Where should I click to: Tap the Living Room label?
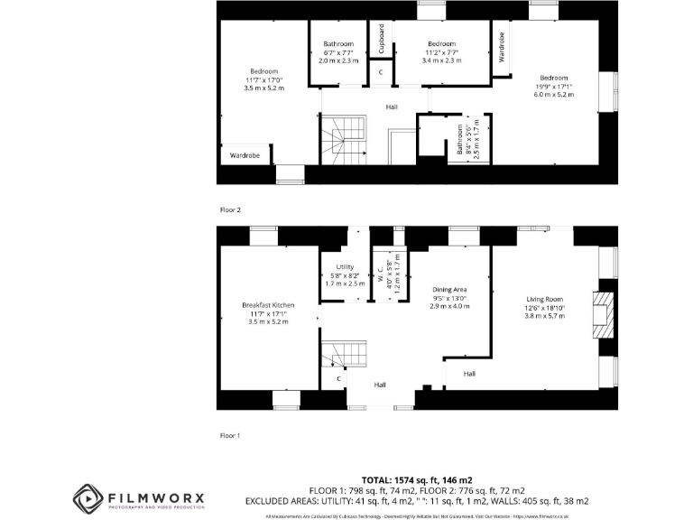pos(545,299)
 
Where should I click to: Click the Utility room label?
pos(345,267)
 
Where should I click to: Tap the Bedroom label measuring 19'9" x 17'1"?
pos(554,78)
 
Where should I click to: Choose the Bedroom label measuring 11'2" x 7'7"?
pos(441,44)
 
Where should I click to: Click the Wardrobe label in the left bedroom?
pos(245,155)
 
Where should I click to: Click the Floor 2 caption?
pos(231,209)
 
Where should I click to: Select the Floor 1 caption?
pos(231,435)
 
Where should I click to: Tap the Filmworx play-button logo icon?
pos(88,497)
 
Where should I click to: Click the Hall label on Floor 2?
pos(392,107)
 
